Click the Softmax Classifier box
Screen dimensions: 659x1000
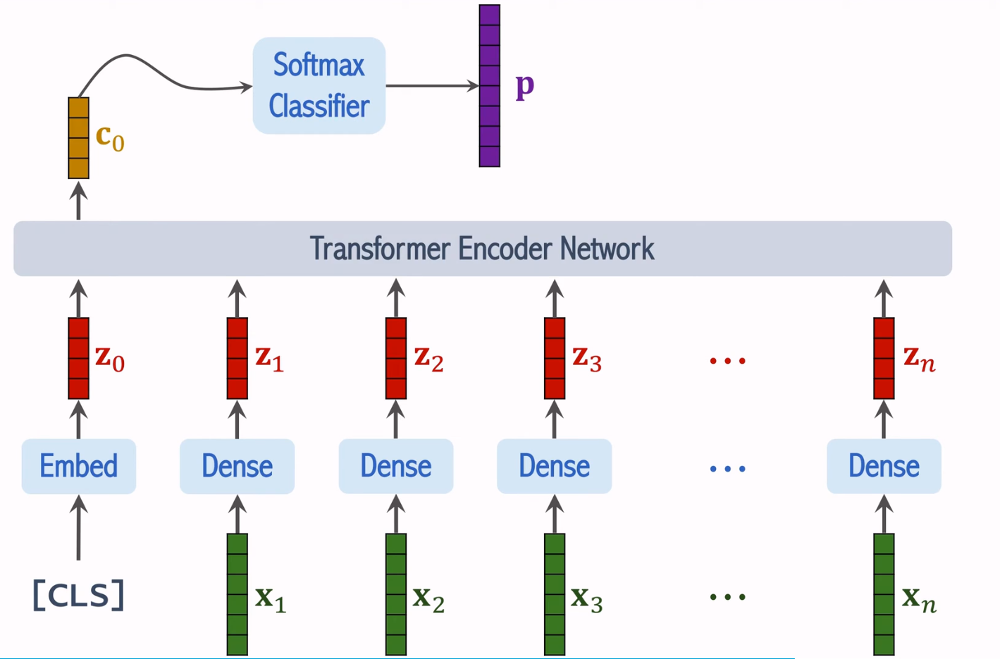(319, 86)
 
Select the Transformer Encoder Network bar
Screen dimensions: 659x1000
(482, 249)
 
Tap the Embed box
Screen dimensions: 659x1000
(78, 466)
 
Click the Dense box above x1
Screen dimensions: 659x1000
(237, 466)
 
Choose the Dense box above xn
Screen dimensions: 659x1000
(884, 466)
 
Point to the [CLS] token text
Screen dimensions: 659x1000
(78, 596)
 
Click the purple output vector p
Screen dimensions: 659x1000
(489, 86)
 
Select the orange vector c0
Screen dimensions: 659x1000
(78, 138)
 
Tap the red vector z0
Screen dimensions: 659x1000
(78, 358)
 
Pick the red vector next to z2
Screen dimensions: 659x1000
(395, 358)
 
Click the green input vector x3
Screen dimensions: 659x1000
(555, 594)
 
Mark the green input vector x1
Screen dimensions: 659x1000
(237, 594)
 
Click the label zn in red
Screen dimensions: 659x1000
(919, 359)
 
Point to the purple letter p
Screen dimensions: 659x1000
(525, 86)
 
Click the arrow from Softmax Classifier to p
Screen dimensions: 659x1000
(431, 86)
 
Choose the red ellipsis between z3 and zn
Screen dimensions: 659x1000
(727, 361)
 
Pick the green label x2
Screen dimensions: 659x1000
(428, 598)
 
